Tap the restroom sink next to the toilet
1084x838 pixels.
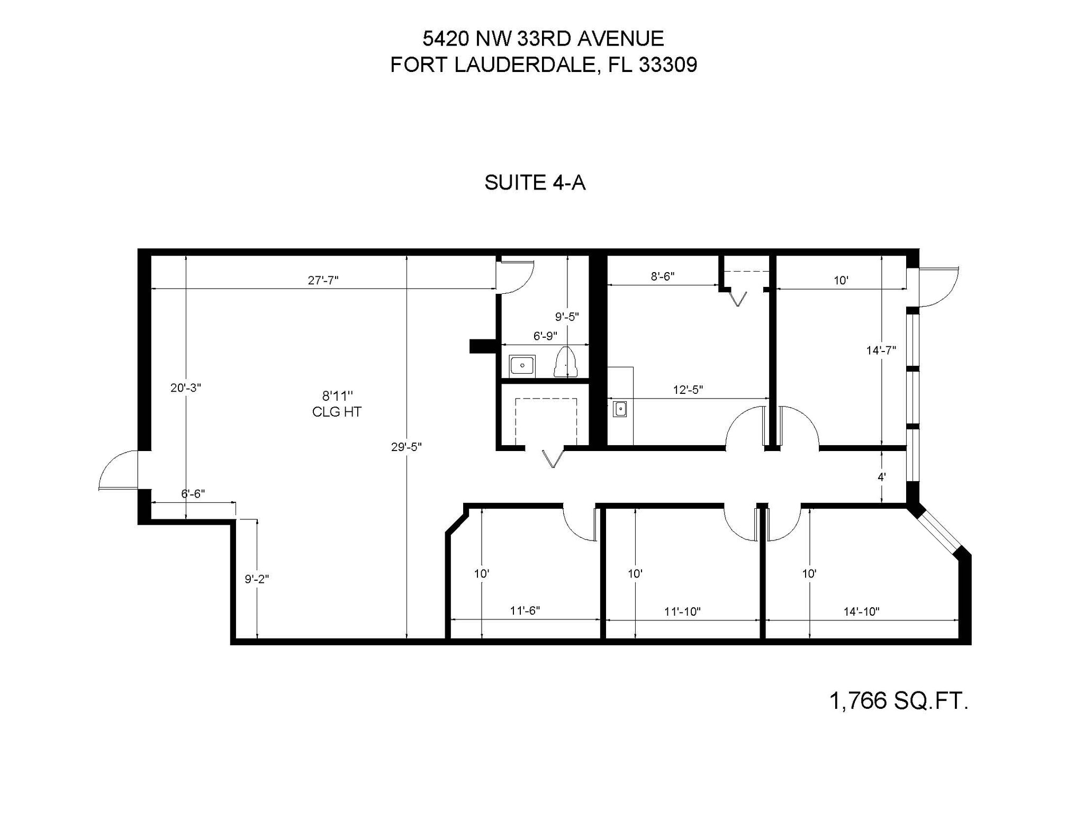[x=522, y=366]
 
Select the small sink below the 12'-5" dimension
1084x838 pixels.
[x=620, y=409]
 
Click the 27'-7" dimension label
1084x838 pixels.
[x=323, y=280]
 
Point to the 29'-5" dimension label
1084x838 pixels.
[x=406, y=447]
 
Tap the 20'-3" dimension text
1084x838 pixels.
[x=185, y=388]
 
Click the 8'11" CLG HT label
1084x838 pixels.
[x=337, y=403]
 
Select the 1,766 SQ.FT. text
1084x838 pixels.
[x=898, y=701]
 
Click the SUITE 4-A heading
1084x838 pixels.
[x=535, y=183]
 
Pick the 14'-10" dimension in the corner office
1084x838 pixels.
[x=861, y=611]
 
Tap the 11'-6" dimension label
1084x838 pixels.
[x=525, y=610]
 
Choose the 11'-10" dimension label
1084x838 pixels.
[x=682, y=611]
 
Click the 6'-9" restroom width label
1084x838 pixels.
[x=545, y=336]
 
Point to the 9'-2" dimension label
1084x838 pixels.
[x=257, y=579]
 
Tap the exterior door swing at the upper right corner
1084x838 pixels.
[x=938, y=286]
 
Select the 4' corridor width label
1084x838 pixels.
[x=881, y=476]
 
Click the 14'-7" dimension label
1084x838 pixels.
[x=881, y=350]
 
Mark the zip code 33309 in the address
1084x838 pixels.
[x=668, y=65]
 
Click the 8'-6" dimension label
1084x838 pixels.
[x=662, y=276]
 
